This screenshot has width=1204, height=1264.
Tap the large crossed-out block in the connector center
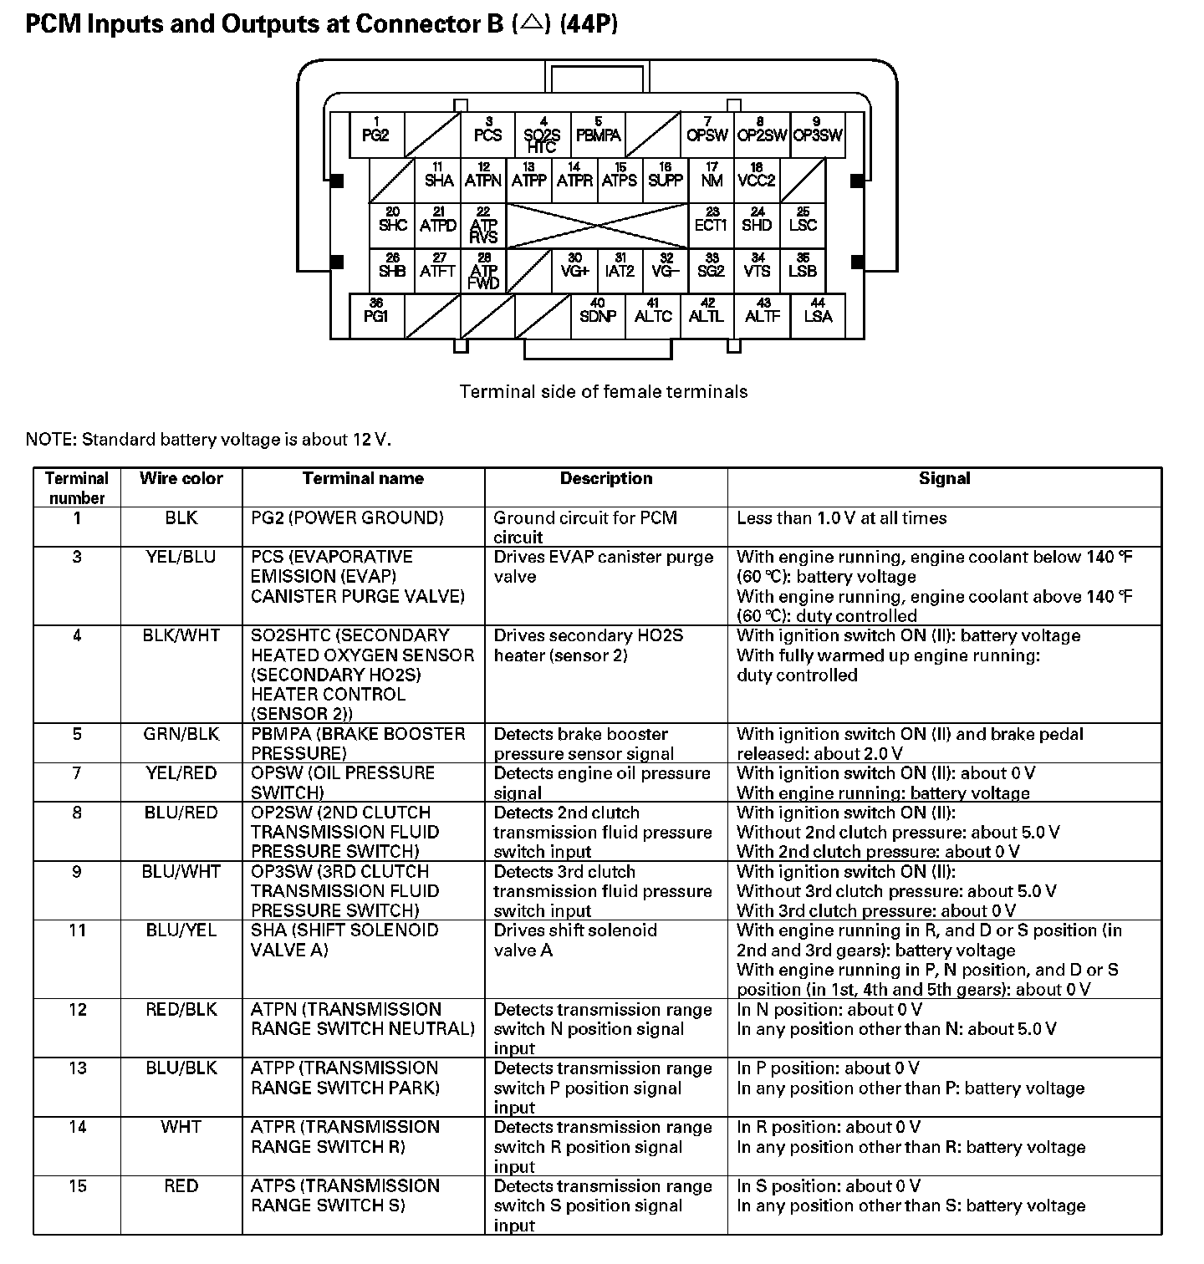597,226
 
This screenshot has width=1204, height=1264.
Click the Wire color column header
181,479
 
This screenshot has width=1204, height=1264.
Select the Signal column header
944,479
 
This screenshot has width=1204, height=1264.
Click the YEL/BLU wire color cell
181,558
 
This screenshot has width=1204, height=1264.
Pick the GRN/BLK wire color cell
181,735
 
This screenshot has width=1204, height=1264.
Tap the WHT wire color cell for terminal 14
181,1128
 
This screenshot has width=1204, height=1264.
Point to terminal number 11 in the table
77,930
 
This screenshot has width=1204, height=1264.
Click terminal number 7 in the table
77,774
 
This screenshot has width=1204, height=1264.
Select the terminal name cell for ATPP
344,1078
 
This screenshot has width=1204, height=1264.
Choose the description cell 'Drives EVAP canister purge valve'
603,567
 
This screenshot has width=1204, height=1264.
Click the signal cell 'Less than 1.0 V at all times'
841,518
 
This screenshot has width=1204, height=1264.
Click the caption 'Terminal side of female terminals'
604,391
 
